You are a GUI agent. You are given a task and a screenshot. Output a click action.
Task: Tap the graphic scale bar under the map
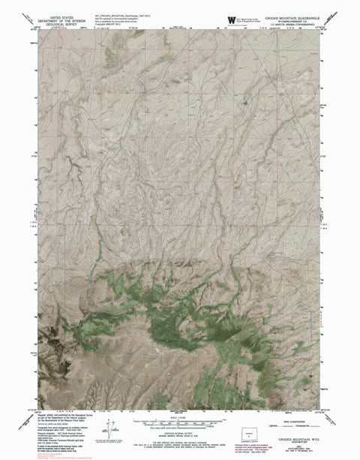pos(179,413)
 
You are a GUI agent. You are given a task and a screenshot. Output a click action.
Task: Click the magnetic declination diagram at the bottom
pos(110,431)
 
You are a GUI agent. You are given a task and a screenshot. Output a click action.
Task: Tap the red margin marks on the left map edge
pos(33,224)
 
